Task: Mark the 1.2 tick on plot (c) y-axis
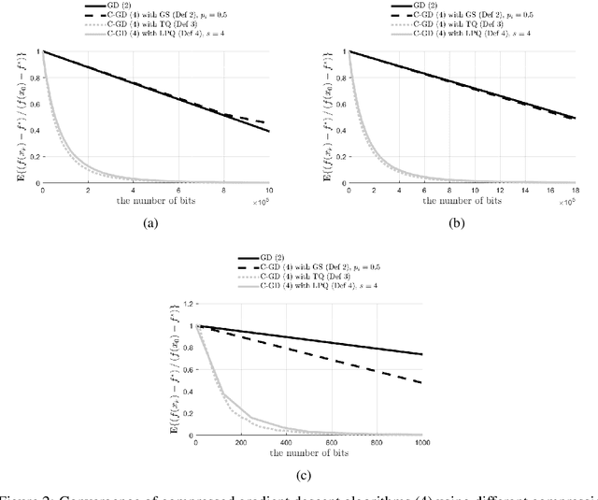pos(185,305)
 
